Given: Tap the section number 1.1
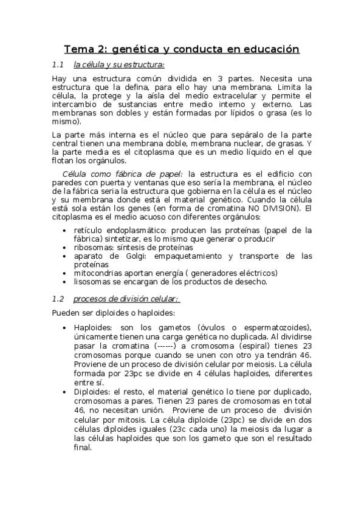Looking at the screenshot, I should point(58,64).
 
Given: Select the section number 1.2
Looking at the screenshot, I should point(58,299).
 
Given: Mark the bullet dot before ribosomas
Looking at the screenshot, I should point(65,248).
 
